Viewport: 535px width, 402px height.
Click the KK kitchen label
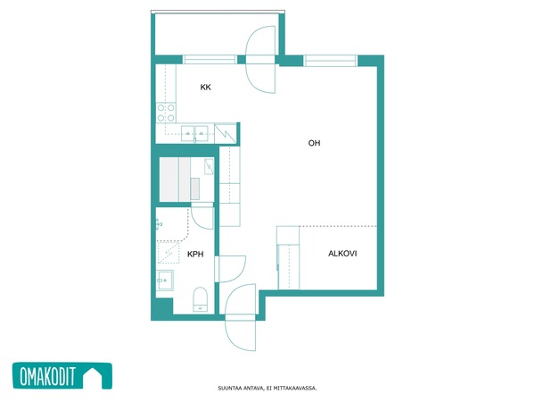click(x=205, y=88)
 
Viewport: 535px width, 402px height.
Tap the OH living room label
click(x=314, y=143)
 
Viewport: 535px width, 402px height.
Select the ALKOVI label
click(x=342, y=254)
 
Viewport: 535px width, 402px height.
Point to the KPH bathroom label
click(x=195, y=254)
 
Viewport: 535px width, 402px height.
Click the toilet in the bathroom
click(x=200, y=299)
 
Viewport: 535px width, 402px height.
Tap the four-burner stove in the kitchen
click(x=166, y=113)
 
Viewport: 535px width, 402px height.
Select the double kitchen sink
click(x=194, y=134)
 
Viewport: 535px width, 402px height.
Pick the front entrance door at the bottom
click(x=240, y=317)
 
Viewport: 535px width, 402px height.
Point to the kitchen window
click(x=210, y=60)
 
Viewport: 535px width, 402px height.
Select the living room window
click(x=330, y=61)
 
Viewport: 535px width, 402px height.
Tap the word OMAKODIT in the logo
click(x=47, y=376)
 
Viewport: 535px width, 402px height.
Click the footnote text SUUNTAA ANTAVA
click(x=240, y=389)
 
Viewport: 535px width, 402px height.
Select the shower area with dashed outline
click(x=169, y=252)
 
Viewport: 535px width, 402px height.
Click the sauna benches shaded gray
click(x=175, y=180)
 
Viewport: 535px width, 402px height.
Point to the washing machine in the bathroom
click(x=165, y=281)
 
